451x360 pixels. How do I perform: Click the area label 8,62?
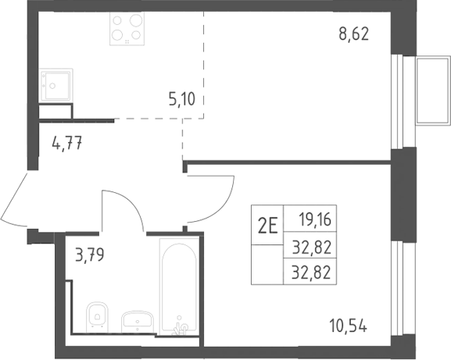click(x=353, y=35)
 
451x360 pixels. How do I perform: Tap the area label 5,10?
click(x=182, y=100)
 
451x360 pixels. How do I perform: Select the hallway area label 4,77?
click(x=67, y=143)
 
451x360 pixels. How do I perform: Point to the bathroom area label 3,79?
click(x=89, y=255)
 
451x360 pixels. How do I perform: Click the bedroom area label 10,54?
click(x=349, y=326)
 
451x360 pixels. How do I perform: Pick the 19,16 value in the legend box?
click(x=315, y=219)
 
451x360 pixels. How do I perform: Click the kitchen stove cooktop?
click(x=127, y=28)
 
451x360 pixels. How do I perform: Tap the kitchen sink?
click(x=56, y=84)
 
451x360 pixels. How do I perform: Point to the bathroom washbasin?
click(x=138, y=319)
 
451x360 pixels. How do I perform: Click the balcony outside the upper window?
click(x=432, y=91)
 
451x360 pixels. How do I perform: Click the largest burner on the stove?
click(x=136, y=20)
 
